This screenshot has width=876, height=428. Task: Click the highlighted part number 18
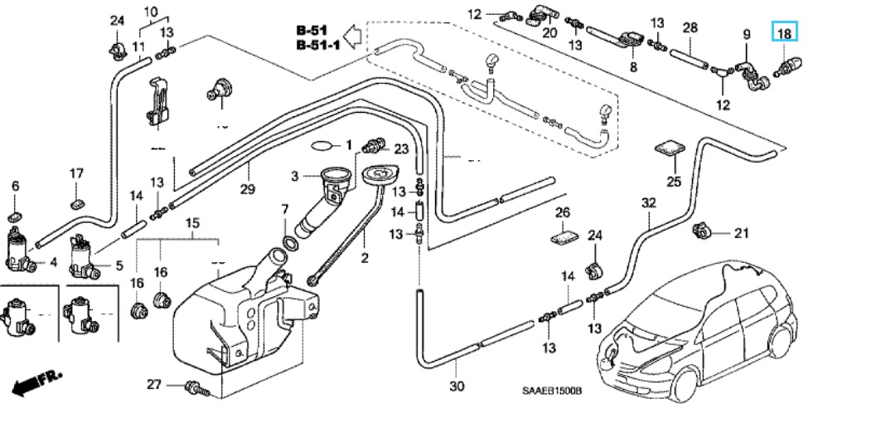pyautogui.click(x=784, y=34)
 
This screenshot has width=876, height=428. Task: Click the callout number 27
pyautogui.click(x=153, y=384)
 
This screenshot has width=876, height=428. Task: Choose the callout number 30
pyautogui.click(x=457, y=386)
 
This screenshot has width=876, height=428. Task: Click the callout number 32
pyautogui.click(x=648, y=202)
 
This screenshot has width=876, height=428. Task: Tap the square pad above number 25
pyautogui.click(x=670, y=150)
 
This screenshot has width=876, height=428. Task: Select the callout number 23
pyautogui.click(x=401, y=149)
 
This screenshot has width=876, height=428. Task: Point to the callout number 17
pyautogui.click(x=76, y=173)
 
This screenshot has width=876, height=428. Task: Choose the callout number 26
pyautogui.click(x=563, y=213)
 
